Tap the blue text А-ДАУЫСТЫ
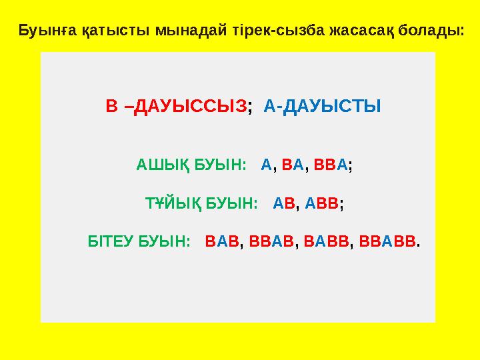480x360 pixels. (x=323, y=107)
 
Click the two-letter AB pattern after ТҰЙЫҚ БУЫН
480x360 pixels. (x=283, y=202)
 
